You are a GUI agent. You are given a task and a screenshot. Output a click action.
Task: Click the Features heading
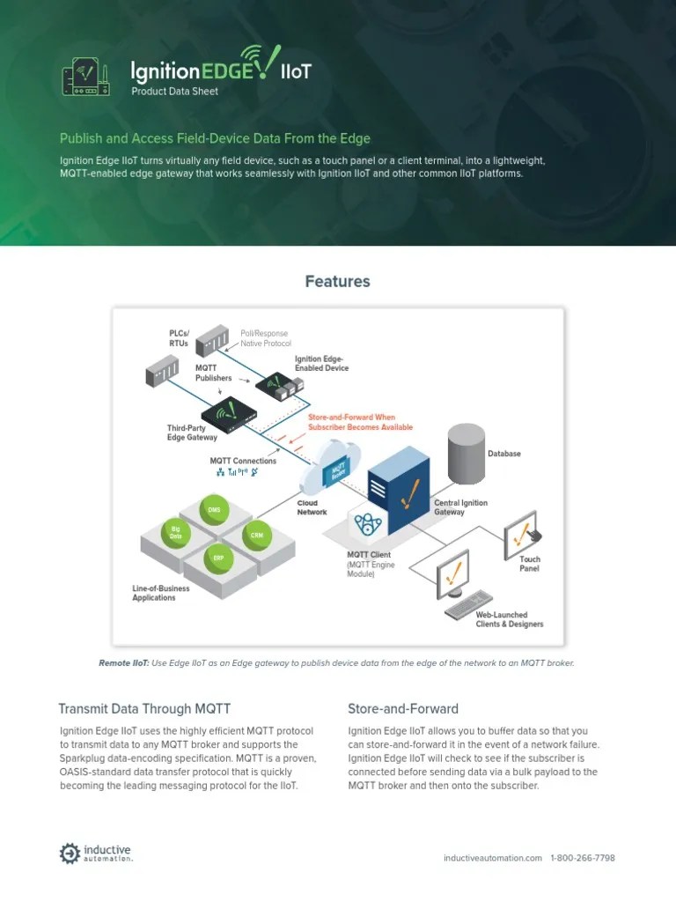(x=337, y=281)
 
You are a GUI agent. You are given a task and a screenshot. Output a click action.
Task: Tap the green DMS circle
(x=214, y=509)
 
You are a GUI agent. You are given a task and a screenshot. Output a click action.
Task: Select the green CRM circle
(x=256, y=535)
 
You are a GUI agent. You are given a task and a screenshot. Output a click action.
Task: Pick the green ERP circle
(x=217, y=558)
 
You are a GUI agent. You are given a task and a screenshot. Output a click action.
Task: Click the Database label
(x=504, y=454)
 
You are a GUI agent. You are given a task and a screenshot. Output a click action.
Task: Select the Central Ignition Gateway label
(x=460, y=506)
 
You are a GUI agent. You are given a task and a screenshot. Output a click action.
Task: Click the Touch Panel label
(x=530, y=564)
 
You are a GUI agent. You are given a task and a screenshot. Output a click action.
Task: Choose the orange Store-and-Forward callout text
(x=359, y=422)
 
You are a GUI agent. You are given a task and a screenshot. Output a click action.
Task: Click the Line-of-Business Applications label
(x=154, y=593)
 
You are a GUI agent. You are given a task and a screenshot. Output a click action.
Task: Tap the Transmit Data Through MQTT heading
(x=144, y=708)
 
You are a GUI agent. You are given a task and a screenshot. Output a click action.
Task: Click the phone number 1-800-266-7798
(x=583, y=857)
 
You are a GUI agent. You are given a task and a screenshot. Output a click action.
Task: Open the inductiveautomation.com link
(x=492, y=857)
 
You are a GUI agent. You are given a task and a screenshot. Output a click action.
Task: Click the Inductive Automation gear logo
(x=70, y=854)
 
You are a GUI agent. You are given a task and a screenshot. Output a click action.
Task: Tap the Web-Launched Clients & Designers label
(x=509, y=619)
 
